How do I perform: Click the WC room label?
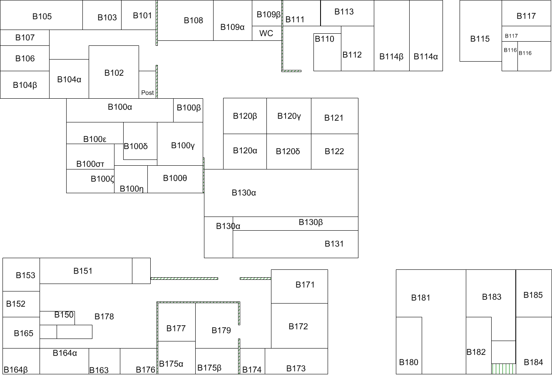coord(266,33)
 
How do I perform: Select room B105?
coord(42,17)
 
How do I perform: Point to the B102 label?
coord(114,73)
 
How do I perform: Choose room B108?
coord(194,20)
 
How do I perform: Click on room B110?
coord(325,39)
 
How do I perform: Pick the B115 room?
coord(480,39)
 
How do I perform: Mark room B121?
coord(334,118)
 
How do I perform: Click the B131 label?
coord(334,244)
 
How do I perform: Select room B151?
coord(83,271)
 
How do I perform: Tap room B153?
coord(25,275)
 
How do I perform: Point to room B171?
coord(305,285)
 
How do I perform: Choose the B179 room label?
coord(221,331)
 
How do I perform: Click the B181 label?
coord(421,298)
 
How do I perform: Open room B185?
coord(533,295)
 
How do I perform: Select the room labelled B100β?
coord(189,108)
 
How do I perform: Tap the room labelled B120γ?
coord(289,116)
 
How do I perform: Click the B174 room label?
coord(252,370)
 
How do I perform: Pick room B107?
coord(25,37)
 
